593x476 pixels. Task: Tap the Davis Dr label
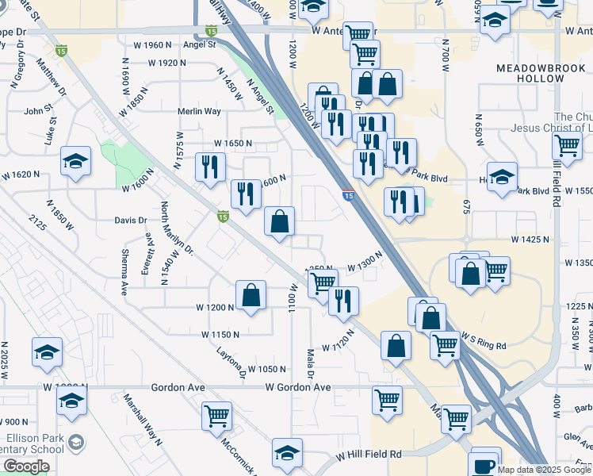131,221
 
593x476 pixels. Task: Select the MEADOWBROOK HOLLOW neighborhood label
541,74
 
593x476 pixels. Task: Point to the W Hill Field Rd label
369,455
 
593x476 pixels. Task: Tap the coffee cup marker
484,464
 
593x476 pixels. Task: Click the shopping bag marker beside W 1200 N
251,296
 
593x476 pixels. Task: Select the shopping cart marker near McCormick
216,415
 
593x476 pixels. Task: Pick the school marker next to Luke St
75,162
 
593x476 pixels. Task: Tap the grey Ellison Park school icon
76,442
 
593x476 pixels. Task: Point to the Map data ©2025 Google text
544,470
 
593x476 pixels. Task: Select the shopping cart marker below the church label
568,145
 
